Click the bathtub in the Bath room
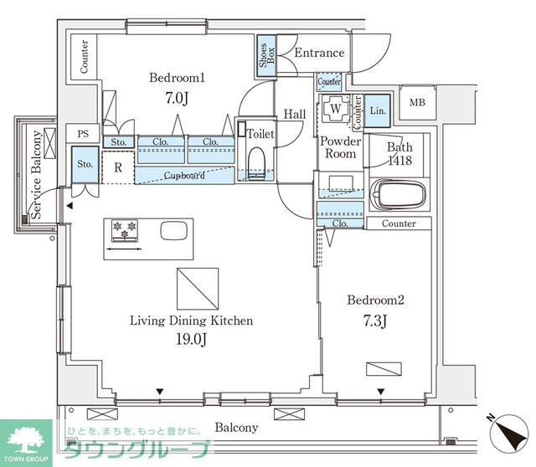[x=399, y=195]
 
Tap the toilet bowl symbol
[x=257, y=163]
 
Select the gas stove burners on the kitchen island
[x=125, y=230]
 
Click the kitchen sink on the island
[x=174, y=231]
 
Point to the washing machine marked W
[x=335, y=109]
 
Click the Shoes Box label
[x=266, y=55]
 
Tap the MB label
[x=417, y=102]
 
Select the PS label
[x=83, y=134]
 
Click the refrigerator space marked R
[x=118, y=167]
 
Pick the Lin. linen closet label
[x=378, y=110]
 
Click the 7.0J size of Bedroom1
[x=177, y=98]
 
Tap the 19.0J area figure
[x=191, y=339]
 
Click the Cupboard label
[x=184, y=175]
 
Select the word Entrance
[x=319, y=53]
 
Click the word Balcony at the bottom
[x=236, y=428]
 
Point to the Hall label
[x=295, y=114]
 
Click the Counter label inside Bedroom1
[x=84, y=57]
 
